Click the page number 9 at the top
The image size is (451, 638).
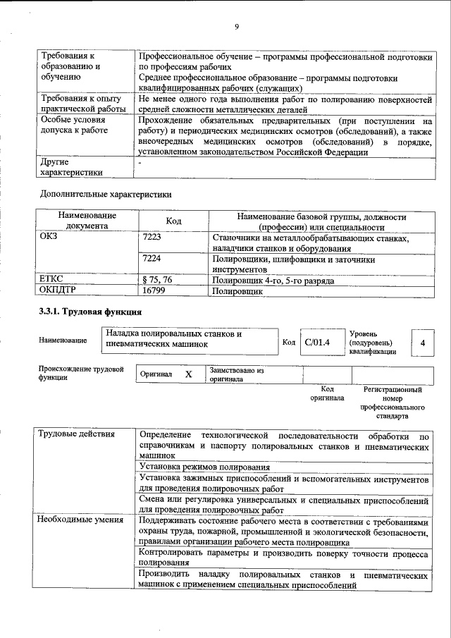[x=237, y=27]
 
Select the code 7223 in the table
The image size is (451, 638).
[x=152, y=239]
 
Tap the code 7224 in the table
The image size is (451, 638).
[x=152, y=259]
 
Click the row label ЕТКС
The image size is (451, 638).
[x=52, y=280]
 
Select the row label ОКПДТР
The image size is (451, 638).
[x=58, y=290]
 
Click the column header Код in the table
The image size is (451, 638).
[x=173, y=222]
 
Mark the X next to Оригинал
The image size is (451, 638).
[x=188, y=374]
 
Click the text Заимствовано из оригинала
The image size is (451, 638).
[x=235, y=374]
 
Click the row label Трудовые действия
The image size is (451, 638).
[x=78, y=434]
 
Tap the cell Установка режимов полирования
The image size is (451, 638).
[x=204, y=467]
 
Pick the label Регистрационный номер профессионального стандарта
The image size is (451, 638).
[x=393, y=402]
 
